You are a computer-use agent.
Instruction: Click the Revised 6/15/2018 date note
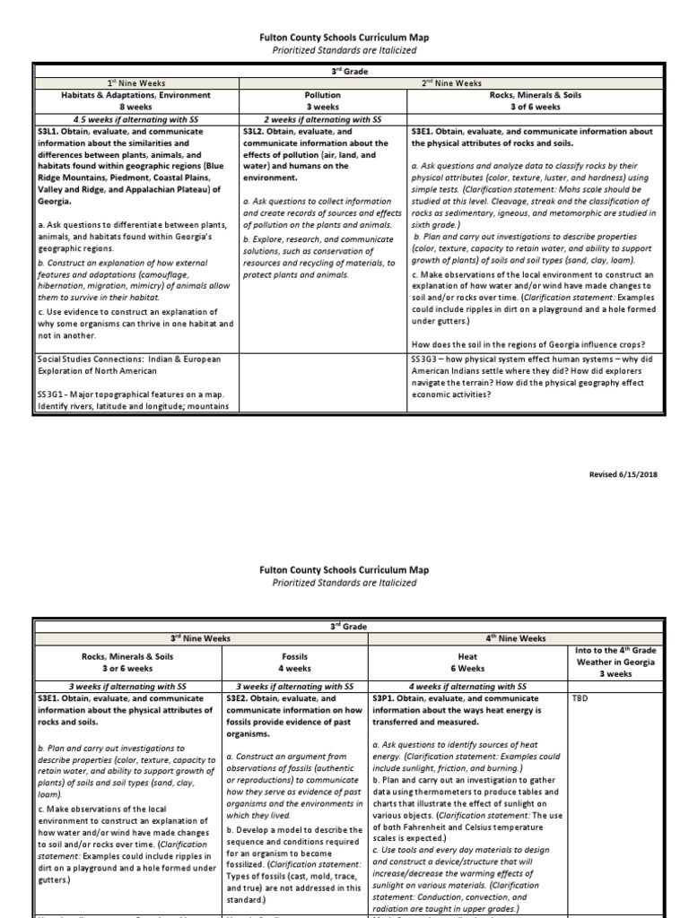(x=622, y=474)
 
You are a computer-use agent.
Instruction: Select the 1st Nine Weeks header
(x=136, y=83)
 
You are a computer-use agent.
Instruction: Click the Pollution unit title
(x=322, y=94)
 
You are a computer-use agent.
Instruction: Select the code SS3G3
(x=426, y=359)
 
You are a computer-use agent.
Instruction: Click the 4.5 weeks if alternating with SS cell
(x=136, y=119)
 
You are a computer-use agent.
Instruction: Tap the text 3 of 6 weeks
(x=536, y=107)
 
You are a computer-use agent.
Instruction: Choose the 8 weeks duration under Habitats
(x=136, y=107)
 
